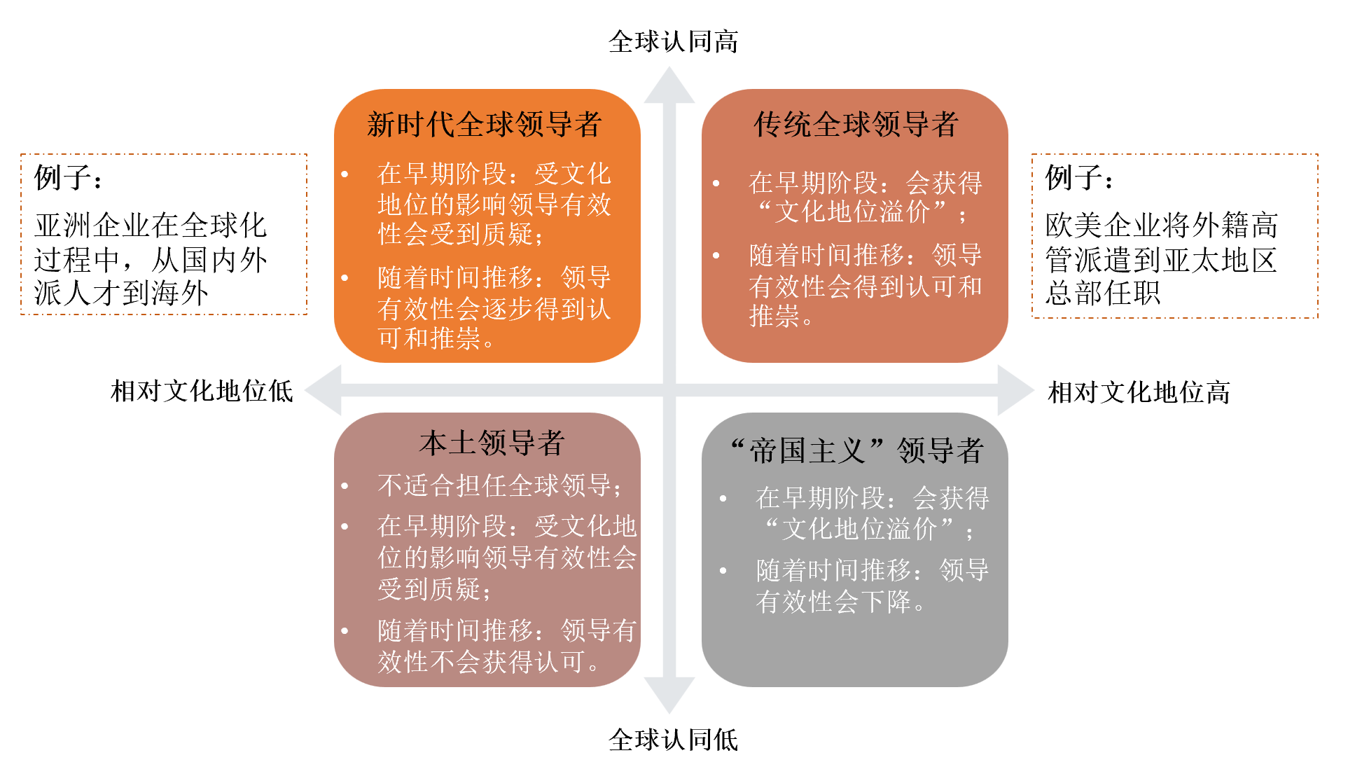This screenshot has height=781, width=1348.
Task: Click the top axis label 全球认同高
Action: pyautogui.click(x=673, y=42)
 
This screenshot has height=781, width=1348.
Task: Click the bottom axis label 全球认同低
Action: pyautogui.click(x=673, y=740)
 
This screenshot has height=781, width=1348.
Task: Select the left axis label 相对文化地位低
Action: pyautogui.click(x=202, y=391)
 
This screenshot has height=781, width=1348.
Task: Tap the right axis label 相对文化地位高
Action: pyautogui.click(x=1139, y=392)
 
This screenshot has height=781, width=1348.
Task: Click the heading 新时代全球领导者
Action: pyautogui.click(x=485, y=125)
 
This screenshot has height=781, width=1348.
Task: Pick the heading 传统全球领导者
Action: pyautogui.click(x=856, y=125)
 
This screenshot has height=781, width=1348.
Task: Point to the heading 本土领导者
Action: pyautogui.click(x=492, y=443)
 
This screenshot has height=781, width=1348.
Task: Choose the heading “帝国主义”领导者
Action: pyautogui.click(x=856, y=450)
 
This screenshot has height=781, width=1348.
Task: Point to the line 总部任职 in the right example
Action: pyautogui.click(x=1103, y=293)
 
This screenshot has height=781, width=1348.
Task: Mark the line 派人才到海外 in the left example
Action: pyautogui.click(x=121, y=293)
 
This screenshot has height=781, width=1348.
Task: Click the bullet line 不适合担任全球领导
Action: pyautogui.click(x=499, y=485)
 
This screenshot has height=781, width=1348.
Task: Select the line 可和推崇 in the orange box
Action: pyautogui.click(x=436, y=338)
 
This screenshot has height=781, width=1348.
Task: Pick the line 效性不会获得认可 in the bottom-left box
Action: pyautogui.click(x=487, y=661)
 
